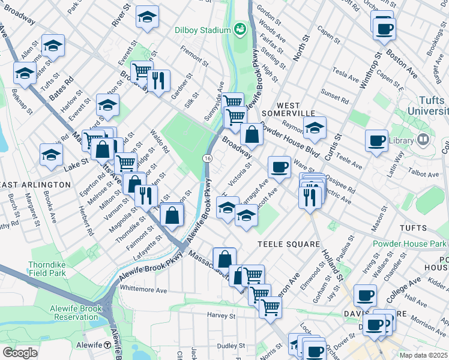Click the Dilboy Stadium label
(x=202, y=30)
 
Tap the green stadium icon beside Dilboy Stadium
(x=241, y=29)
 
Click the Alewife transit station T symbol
(x=107, y=345)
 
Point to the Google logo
(x=20, y=353)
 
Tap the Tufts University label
(x=427, y=106)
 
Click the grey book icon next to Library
(x=423, y=140)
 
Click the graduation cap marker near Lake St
(x=51, y=155)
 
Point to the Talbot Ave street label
(x=425, y=174)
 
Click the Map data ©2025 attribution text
(x=423, y=355)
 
